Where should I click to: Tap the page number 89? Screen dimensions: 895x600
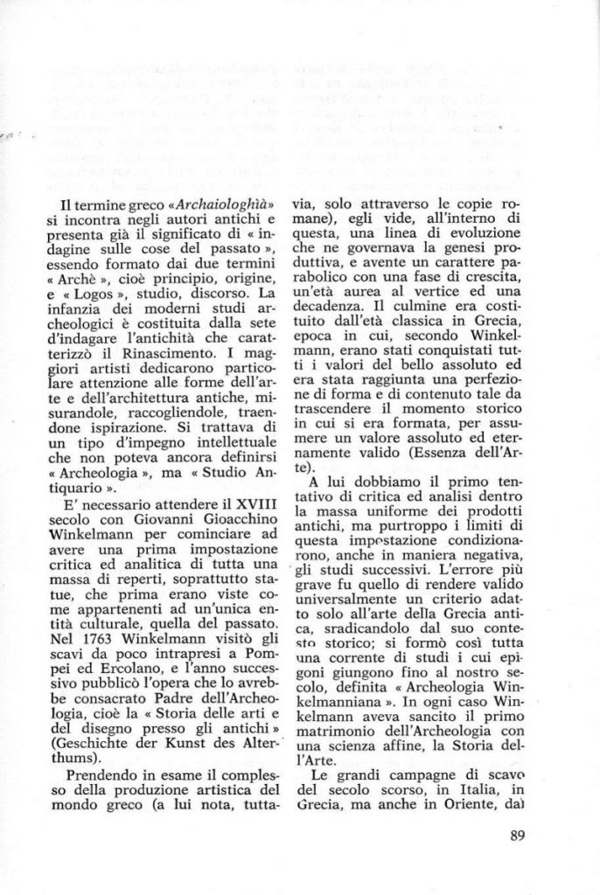[516, 834]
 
